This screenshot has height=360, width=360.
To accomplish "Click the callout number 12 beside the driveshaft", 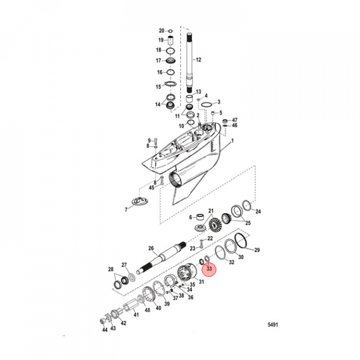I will coord(198,60).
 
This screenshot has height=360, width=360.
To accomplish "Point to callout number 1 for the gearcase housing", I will coord(232,142).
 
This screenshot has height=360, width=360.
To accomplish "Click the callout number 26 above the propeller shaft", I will coord(150,248).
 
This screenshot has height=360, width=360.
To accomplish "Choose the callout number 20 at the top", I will coord(161,31).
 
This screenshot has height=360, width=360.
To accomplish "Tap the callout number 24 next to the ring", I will coord(258,211).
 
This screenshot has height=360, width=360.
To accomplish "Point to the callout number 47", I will coord(234,120).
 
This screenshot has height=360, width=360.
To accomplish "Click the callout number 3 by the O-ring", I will coord(218,102).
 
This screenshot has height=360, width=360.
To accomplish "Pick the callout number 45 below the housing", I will coord(153,187).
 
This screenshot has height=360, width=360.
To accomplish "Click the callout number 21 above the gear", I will coord(210,210).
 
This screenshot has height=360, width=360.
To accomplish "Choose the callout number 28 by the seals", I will coord(111,270).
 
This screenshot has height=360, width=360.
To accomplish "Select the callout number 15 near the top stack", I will coord(158,86).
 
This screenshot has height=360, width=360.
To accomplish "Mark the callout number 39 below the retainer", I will coord(167,303).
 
